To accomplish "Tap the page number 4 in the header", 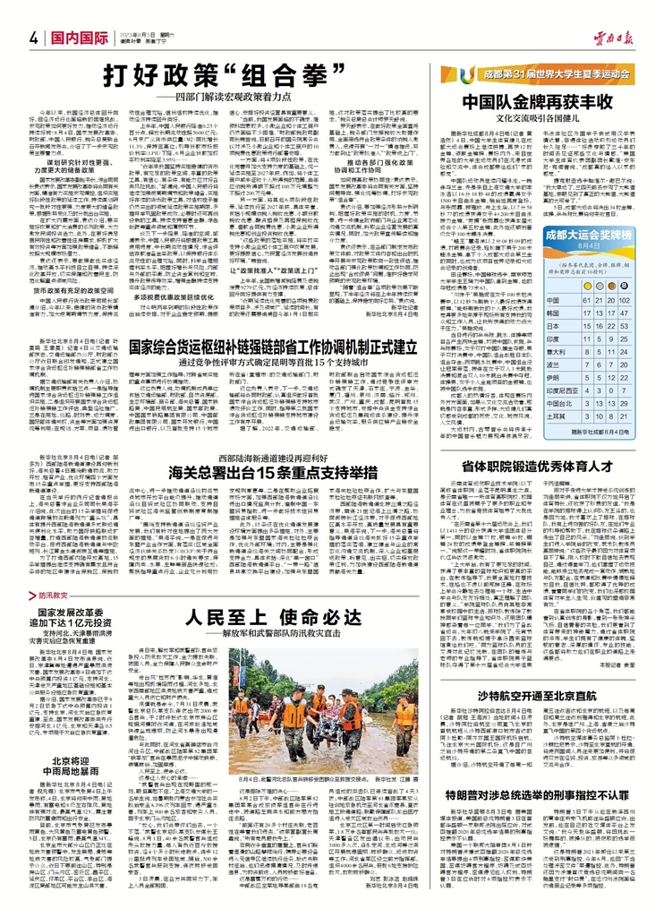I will pos(30,38).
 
